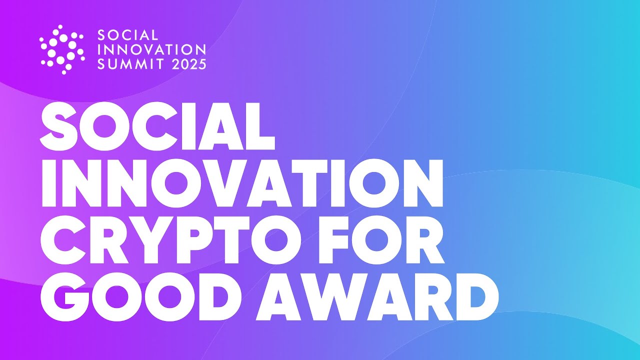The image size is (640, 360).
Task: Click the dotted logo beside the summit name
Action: tap(61, 49)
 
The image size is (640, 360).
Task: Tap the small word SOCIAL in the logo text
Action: tap(127, 35)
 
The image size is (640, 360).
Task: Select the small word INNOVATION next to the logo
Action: tap(151, 49)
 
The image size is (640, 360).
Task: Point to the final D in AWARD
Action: tap(473, 298)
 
